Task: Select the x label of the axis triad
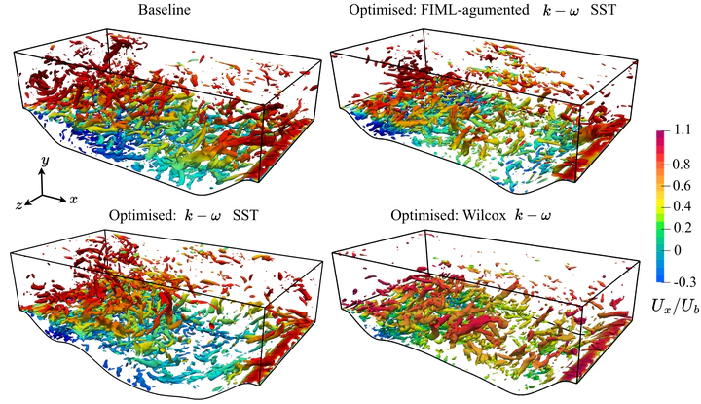73,199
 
